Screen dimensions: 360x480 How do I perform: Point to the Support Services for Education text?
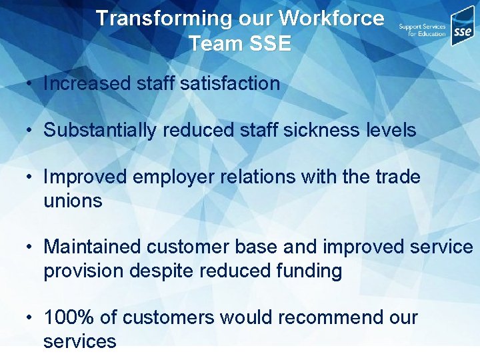tap(422, 30)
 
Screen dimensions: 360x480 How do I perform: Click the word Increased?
tap(87, 84)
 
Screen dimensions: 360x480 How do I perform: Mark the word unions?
tap(73, 201)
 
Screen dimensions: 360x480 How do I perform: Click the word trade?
tap(396, 177)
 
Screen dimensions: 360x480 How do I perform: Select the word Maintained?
tap(93, 247)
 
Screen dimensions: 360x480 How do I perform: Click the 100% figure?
tap(67, 317)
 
